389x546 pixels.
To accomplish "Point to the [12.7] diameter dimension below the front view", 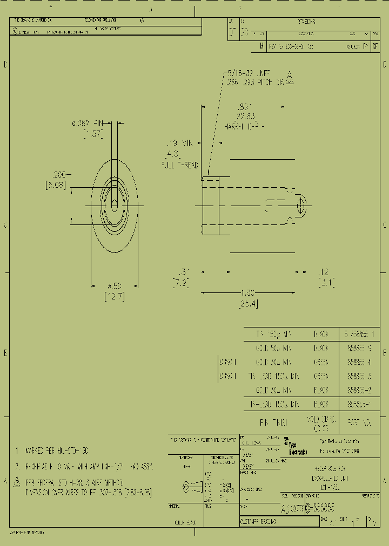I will (x=114, y=296).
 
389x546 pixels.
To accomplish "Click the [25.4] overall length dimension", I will (x=247, y=304).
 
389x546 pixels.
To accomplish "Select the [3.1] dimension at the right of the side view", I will (x=326, y=282).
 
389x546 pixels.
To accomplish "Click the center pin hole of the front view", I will (x=114, y=204).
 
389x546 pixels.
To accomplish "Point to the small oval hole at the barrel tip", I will (x=301, y=206).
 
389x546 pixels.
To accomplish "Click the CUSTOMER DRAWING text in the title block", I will (x=258, y=522).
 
